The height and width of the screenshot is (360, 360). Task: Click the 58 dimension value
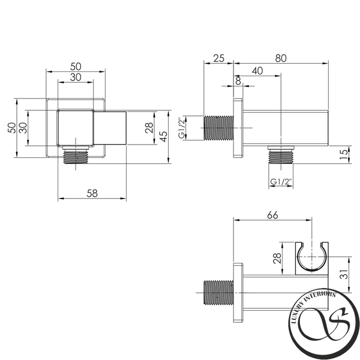tap(92, 193)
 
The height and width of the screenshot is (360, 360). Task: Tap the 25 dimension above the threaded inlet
tap(218, 58)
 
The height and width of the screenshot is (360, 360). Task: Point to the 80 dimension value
tap(281, 58)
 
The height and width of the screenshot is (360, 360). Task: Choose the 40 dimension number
tap(257, 71)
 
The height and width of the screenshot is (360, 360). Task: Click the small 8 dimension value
tap(238, 81)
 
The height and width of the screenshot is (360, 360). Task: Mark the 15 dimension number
tap(344, 155)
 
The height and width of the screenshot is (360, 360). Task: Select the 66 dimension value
tap(272, 215)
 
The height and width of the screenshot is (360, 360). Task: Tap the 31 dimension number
tap(344, 274)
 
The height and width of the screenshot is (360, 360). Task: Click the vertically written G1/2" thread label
tap(182, 128)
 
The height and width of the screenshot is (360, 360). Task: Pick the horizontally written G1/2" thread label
tap(281, 182)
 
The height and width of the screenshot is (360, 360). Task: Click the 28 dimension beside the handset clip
tap(277, 258)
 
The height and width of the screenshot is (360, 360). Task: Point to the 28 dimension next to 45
tap(149, 128)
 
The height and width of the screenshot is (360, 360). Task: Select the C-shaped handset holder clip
tap(311, 258)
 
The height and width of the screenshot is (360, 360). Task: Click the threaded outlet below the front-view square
tap(76, 155)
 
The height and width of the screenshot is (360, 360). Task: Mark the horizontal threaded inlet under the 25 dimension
tap(218, 128)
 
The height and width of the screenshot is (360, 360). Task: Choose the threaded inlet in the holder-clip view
tap(218, 293)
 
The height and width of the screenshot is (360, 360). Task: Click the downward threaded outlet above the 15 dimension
tap(281, 155)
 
